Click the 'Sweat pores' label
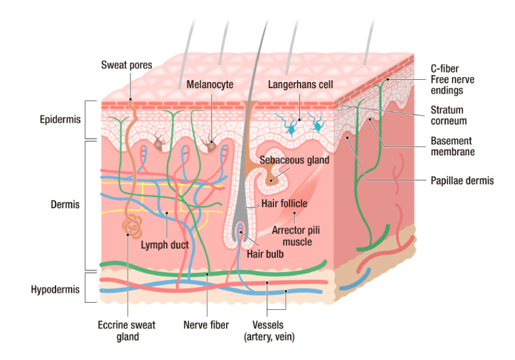[x=127, y=66]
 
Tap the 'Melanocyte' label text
[x=210, y=85]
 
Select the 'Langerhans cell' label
[x=301, y=85]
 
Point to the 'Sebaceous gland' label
[x=295, y=160]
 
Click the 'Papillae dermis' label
[x=462, y=180]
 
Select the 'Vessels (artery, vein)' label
[x=269, y=330]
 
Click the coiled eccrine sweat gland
[x=132, y=226]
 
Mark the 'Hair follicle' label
[x=284, y=204]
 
